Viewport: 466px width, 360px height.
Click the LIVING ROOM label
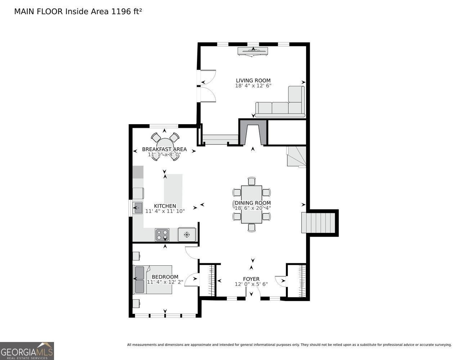coord(253,81)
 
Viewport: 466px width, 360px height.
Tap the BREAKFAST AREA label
coord(164,149)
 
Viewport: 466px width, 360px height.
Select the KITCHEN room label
coord(165,206)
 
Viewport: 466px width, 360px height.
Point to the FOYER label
coord(251,279)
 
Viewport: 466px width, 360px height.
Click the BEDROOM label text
coord(165,277)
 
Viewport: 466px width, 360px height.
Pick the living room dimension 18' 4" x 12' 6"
coord(253,86)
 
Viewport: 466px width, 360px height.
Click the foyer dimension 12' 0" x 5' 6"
coord(251,284)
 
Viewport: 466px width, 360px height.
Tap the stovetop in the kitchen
coord(162,235)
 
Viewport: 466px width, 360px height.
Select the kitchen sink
coord(138,208)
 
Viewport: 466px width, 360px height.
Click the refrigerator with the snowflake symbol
coord(187,234)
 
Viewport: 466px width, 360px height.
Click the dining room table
coord(252,204)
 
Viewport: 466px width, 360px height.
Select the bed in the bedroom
coord(153,279)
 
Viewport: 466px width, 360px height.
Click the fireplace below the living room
coord(253,132)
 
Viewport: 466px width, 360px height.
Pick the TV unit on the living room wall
coord(253,51)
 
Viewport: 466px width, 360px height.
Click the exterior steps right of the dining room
coord(318,222)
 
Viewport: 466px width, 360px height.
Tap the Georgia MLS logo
coord(27,351)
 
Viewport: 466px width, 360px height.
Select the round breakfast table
coord(165,146)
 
